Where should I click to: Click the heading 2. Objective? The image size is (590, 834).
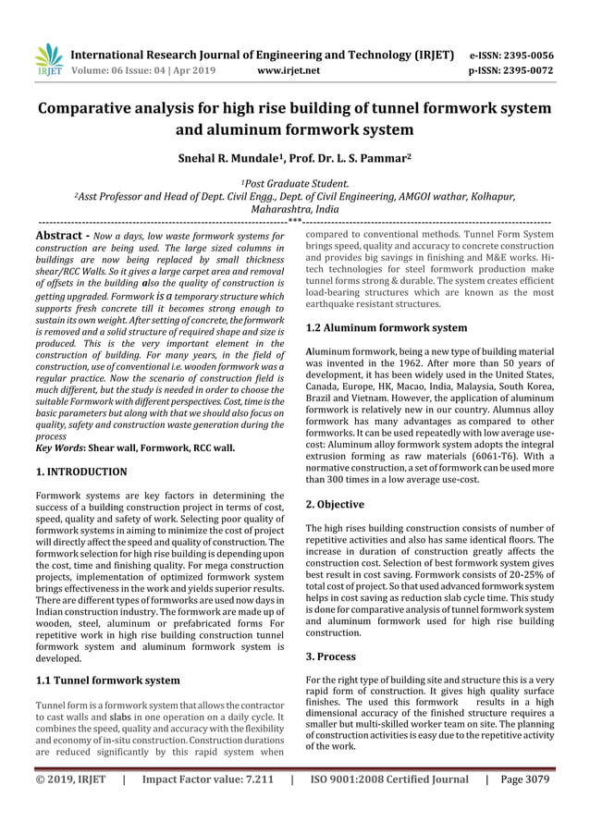click(x=335, y=505)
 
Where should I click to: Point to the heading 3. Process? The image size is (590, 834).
click(x=331, y=656)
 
